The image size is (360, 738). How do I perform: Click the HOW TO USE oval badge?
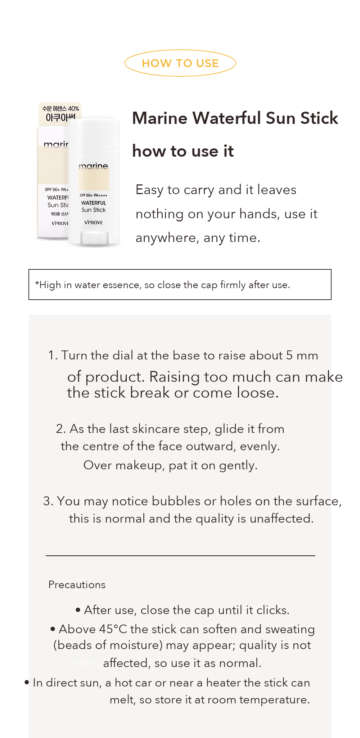click(x=180, y=50)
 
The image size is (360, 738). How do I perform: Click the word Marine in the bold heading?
click(x=160, y=118)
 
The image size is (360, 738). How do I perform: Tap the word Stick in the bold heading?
click(x=319, y=118)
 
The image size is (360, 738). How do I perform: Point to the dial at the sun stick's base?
click(x=94, y=238)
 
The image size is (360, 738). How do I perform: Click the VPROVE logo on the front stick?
click(x=94, y=223)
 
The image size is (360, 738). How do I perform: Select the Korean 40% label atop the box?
click(x=60, y=108)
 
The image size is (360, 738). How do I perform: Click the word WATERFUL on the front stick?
click(x=94, y=203)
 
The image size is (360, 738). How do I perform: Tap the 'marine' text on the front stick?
click(x=93, y=166)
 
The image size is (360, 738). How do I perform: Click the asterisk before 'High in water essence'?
click(x=37, y=283)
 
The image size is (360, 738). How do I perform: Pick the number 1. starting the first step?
click(x=53, y=355)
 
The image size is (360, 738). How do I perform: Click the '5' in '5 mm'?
click(x=289, y=355)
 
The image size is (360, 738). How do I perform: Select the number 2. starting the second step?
click(x=61, y=429)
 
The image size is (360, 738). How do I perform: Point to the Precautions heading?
click(x=77, y=585)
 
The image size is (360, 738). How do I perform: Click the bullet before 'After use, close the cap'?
click(x=78, y=610)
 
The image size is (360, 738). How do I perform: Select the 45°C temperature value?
click(x=113, y=629)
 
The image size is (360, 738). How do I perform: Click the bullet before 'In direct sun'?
click(x=27, y=682)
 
